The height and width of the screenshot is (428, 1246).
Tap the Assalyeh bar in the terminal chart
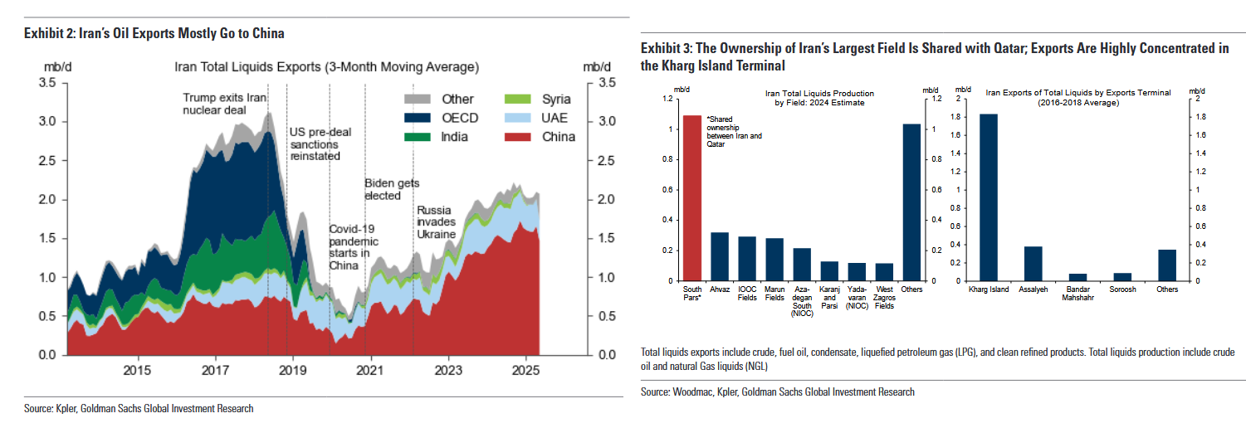click(1033, 263)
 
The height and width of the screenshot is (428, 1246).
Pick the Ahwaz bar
click(720, 256)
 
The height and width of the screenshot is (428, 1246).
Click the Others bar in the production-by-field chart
click(911, 202)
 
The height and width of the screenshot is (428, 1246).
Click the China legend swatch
click(520, 137)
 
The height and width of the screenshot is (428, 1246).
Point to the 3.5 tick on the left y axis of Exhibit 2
click(46, 83)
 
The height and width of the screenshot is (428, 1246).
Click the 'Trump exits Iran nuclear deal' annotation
click(224, 104)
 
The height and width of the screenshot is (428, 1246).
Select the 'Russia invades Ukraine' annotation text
click(437, 222)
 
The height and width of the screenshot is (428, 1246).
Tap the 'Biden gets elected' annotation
click(393, 189)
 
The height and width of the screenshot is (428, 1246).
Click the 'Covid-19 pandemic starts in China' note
click(353, 246)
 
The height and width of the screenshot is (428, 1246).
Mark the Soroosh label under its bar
click(1122, 289)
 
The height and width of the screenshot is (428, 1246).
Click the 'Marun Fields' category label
click(774, 293)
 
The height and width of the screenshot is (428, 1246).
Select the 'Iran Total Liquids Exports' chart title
click(326, 66)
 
